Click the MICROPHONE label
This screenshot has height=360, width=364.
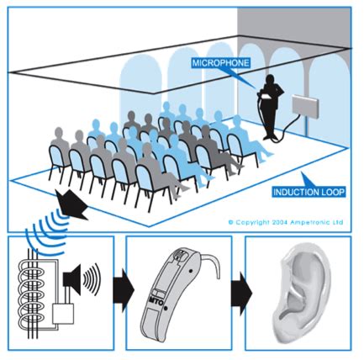point(220,62)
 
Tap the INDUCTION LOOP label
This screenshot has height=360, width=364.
point(309,192)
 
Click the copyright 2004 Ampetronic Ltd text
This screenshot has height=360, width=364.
point(286,222)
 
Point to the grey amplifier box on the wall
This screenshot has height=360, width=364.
point(305,106)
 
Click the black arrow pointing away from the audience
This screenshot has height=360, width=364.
point(71,204)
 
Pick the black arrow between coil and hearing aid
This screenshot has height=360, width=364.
point(124,290)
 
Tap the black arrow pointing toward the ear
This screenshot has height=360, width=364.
point(241,293)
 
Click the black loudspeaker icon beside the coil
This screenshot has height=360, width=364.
point(72,279)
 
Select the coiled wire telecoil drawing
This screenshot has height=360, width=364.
point(31,294)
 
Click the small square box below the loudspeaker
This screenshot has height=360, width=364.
point(63,314)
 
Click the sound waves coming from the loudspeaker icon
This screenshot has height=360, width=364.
point(92,279)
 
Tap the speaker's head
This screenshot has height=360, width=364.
point(270,79)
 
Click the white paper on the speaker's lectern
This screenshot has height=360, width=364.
point(266,97)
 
